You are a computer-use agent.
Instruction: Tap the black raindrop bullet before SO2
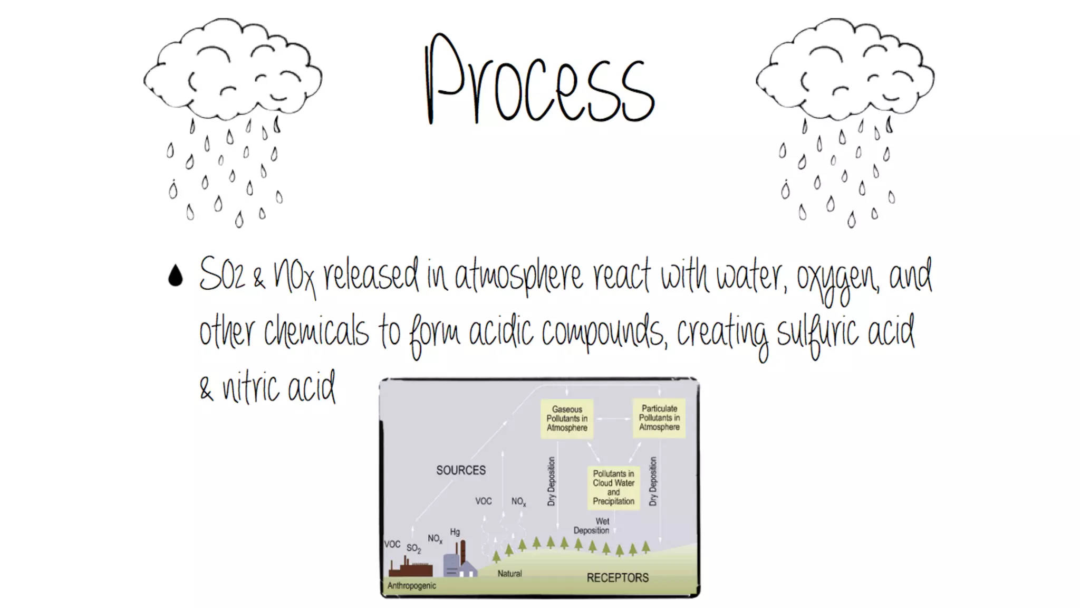pos(176,275)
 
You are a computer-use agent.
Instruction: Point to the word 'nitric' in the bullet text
pos(251,388)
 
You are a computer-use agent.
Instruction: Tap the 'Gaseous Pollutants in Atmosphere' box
pos(567,419)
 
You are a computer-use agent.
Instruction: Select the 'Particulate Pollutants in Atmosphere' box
pos(659,418)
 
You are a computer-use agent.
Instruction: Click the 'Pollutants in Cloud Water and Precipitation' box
pos(613,488)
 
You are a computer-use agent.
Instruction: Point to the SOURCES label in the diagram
pos(461,470)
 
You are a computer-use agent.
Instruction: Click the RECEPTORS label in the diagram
pos(618,578)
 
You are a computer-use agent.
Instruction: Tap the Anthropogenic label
pos(412,586)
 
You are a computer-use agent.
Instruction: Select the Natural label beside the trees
pos(509,574)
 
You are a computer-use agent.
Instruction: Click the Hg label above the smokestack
pos(455,532)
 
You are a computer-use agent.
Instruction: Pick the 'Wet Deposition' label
pos(592,526)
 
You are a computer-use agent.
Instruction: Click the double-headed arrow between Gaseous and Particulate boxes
pos(613,419)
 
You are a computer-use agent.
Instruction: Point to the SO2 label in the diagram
pos(414,549)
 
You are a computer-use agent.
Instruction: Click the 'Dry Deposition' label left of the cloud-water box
pos(552,481)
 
